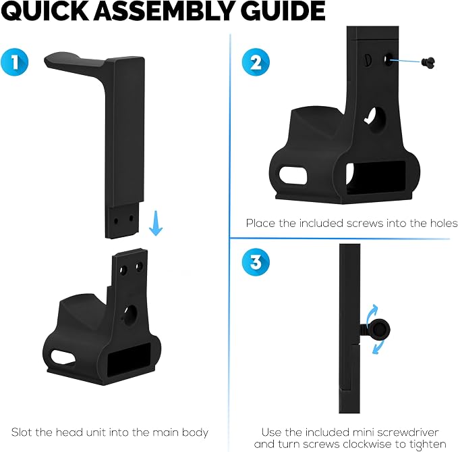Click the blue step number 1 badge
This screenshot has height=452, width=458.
coord(14,62)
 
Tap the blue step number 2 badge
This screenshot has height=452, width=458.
coord(256,62)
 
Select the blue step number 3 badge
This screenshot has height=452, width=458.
coord(256,262)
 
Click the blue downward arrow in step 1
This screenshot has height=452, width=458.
coord(156,223)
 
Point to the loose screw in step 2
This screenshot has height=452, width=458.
coord(428,62)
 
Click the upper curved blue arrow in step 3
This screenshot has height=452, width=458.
coord(371,314)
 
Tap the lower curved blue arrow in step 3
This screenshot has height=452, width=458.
coord(377,347)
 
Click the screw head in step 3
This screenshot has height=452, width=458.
coord(379,330)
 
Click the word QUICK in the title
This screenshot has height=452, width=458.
coord(45,11)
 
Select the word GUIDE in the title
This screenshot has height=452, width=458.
coord(283,11)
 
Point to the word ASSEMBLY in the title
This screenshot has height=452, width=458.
coord(165,11)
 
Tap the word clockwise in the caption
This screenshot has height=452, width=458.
coord(366,444)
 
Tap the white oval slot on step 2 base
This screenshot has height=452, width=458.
coord(293,175)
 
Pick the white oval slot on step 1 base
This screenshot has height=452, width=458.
coord(63,357)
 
